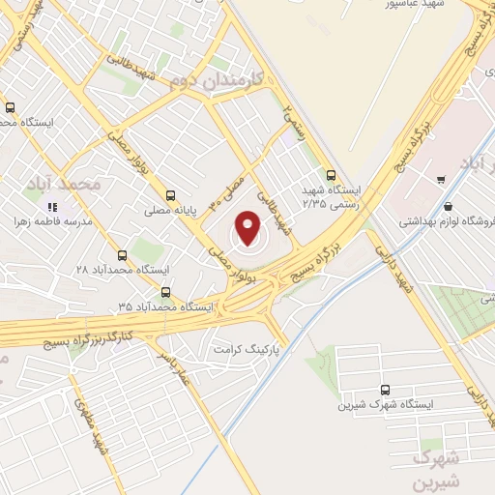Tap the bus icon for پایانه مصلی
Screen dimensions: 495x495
point(171,194)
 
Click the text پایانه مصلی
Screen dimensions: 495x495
point(171,209)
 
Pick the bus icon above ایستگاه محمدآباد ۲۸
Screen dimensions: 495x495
point(122,255)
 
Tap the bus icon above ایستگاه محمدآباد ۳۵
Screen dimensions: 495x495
point(165,291)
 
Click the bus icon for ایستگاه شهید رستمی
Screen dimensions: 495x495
point(332,176)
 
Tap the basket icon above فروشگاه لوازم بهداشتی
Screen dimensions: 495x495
point(447,205)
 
